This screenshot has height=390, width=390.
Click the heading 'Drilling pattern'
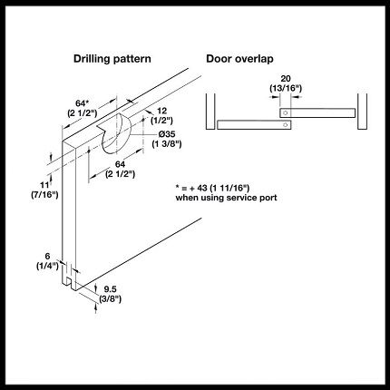(112, 59)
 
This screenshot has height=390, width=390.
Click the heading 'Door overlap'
(239, 59)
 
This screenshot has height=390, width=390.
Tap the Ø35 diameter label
(167, 134)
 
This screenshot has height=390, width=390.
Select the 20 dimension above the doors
(286, 79)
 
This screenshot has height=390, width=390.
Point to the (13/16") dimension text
(286, 88)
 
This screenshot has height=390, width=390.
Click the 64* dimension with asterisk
(81, 103)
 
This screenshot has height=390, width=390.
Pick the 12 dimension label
(161, 111)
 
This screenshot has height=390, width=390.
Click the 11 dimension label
(44, 185)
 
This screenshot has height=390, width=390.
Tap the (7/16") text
(44, 194)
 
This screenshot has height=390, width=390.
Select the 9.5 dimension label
(111, 289)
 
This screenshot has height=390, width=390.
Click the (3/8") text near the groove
(111, 299)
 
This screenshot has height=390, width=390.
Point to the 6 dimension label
(47, 257)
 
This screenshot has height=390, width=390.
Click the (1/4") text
(47, 266)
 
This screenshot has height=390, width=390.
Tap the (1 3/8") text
(167, 143)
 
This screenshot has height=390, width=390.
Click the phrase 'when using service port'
(226, 198)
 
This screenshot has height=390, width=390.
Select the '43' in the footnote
(202, 188)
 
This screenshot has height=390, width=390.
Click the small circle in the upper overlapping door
(285, 113)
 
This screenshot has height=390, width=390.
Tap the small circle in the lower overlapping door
(285, 125)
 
